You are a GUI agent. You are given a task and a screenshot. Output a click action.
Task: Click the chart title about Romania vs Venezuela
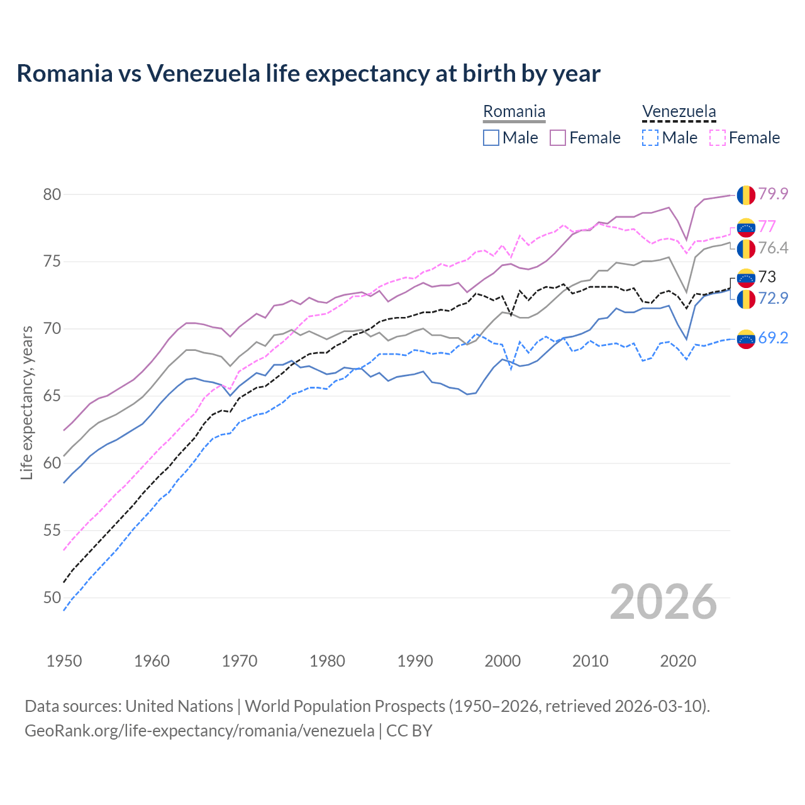coord(308,74)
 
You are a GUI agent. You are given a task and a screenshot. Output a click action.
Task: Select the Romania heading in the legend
coord(514,112)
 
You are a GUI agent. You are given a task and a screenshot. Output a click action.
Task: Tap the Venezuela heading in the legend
coord(679,112)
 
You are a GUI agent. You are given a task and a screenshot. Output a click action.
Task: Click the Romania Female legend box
coord(558,138)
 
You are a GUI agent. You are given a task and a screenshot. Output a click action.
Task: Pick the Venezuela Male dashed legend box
coord(650,138)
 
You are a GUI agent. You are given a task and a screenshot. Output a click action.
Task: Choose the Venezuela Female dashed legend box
coord(718,138)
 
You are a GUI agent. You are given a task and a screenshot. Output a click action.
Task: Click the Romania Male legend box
coord(491,138)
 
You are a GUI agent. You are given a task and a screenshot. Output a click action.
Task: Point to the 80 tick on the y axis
coord(52,194)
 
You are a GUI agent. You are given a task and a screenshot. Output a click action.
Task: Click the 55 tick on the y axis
coord(52,530)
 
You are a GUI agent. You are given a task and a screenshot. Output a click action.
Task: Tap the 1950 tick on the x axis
coord(64,661)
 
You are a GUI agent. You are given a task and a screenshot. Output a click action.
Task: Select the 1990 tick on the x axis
coord(415,661)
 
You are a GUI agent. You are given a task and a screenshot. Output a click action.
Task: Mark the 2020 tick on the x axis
coord(678,661)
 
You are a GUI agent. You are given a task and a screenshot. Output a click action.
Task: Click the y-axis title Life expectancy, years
coord(26,402)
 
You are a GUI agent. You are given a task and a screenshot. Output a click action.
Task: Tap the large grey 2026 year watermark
coord(663,602)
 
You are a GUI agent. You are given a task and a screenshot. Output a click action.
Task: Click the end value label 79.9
coord(773,194)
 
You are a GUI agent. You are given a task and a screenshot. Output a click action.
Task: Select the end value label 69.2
coord(773,338)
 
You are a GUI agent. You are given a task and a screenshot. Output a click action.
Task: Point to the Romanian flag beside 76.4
coord(746,248)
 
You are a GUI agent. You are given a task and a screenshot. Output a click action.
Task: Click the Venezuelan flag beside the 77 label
coord(746,226)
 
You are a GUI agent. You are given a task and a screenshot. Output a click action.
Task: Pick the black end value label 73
coord(767,277)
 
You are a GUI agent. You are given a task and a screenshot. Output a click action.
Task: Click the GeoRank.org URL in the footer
coord(199,731)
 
